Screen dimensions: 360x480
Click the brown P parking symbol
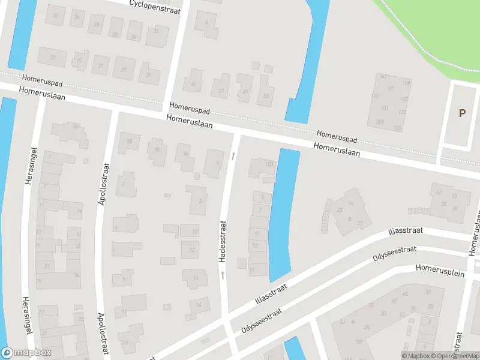click(x=462, y=113)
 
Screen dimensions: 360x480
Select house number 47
click(x=221, y=91)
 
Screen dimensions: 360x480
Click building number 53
click(x=266, y=95)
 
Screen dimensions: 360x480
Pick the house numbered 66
click(x=76, y=126)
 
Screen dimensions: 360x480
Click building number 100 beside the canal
click(x=269, y=164)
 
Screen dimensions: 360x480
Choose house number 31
click(x=149, y=74)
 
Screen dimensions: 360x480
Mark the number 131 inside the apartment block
click(x=385, y=108)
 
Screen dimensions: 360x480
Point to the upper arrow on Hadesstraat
click(x=233, y=156)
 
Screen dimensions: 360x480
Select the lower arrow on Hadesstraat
click(x=222, y=275)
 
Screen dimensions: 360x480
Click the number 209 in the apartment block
click(x=380, y=122)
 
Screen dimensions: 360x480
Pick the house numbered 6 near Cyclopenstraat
click(x=208, y=22)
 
